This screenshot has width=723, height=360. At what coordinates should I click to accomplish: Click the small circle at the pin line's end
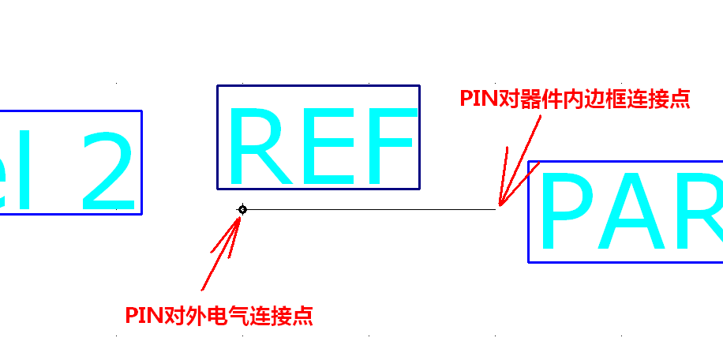click(x=242, y=209)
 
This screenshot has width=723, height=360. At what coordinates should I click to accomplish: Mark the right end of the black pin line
click(x=496, y=209)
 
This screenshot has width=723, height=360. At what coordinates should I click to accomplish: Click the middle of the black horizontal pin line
click(x=369, y=209)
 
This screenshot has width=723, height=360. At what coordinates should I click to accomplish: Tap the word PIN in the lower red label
click(x=143, y=317)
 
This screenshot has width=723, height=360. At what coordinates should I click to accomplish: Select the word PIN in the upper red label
click(x=478, y=99)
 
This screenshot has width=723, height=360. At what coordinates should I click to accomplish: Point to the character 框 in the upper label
click(x=610, y=99)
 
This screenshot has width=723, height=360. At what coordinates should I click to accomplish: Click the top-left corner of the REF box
click(x=218, y=86)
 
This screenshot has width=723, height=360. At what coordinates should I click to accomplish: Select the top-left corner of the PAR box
click(x=528, y=162)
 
